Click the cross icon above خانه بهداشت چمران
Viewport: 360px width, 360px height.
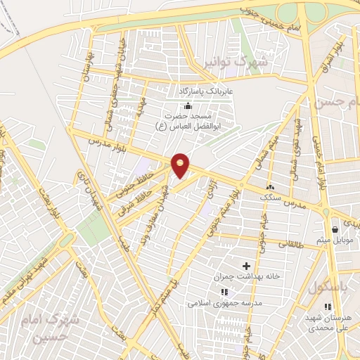tap(246, 266)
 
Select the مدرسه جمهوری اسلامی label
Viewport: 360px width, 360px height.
tap(224, 304)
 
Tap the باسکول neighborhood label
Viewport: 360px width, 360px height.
tap(323, 287)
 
